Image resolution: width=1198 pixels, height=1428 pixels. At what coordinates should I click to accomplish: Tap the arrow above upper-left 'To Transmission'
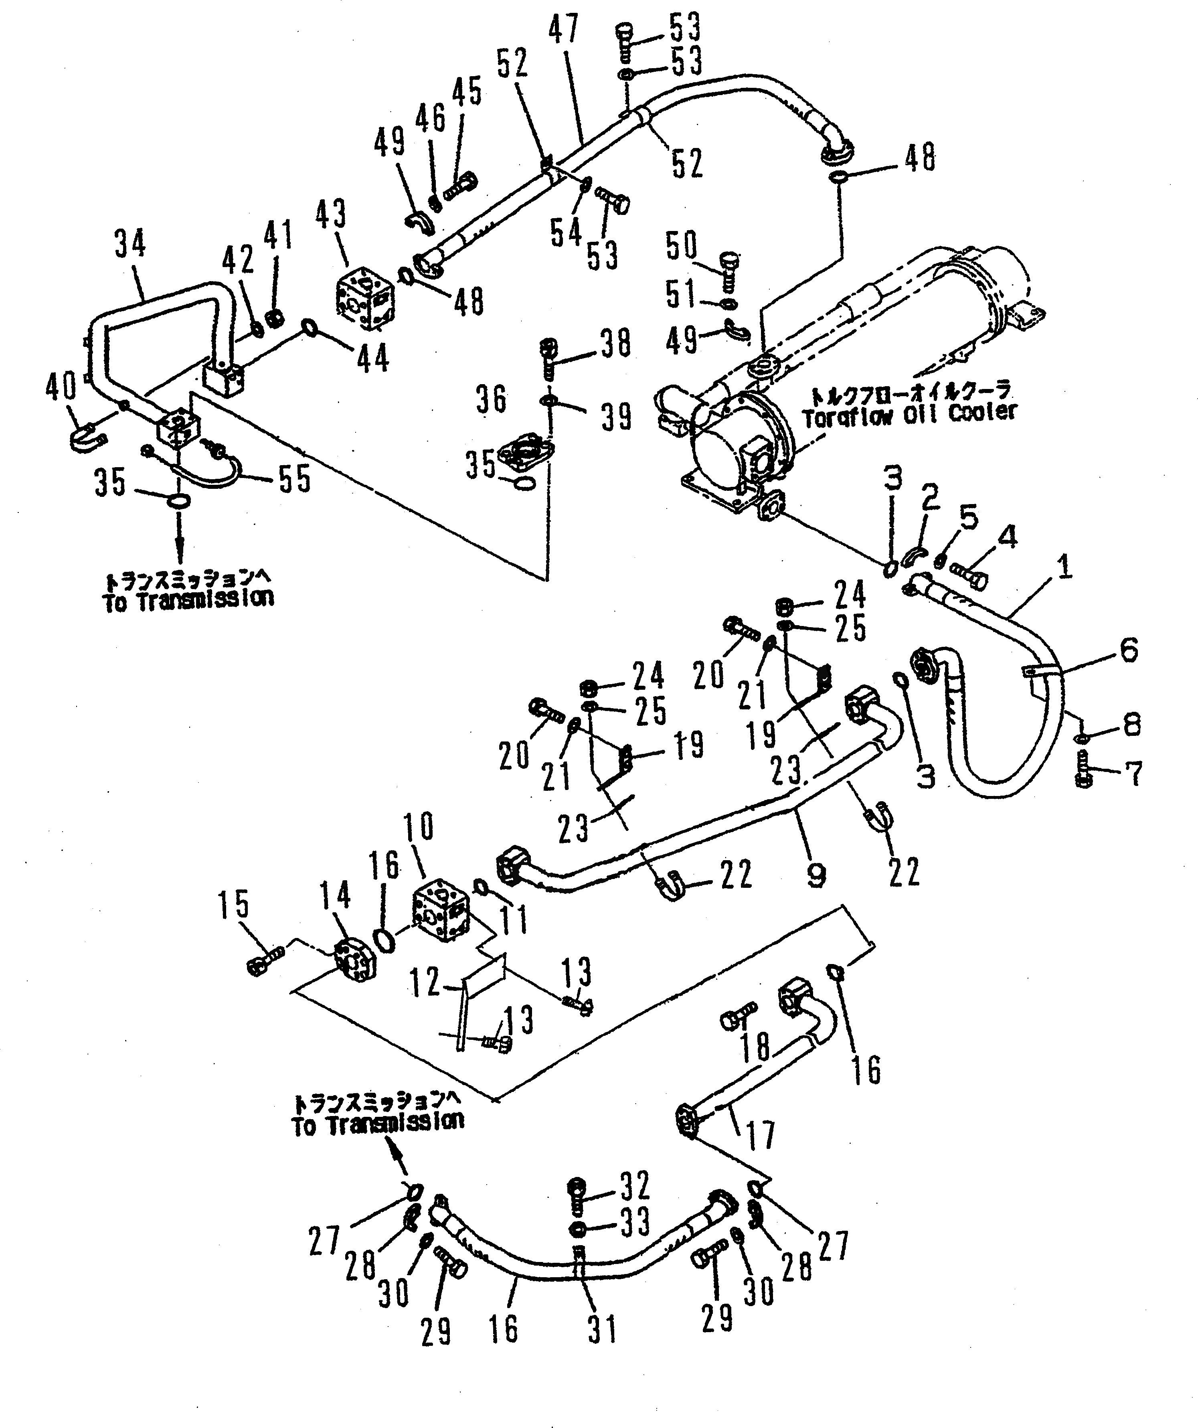pos(180,534)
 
